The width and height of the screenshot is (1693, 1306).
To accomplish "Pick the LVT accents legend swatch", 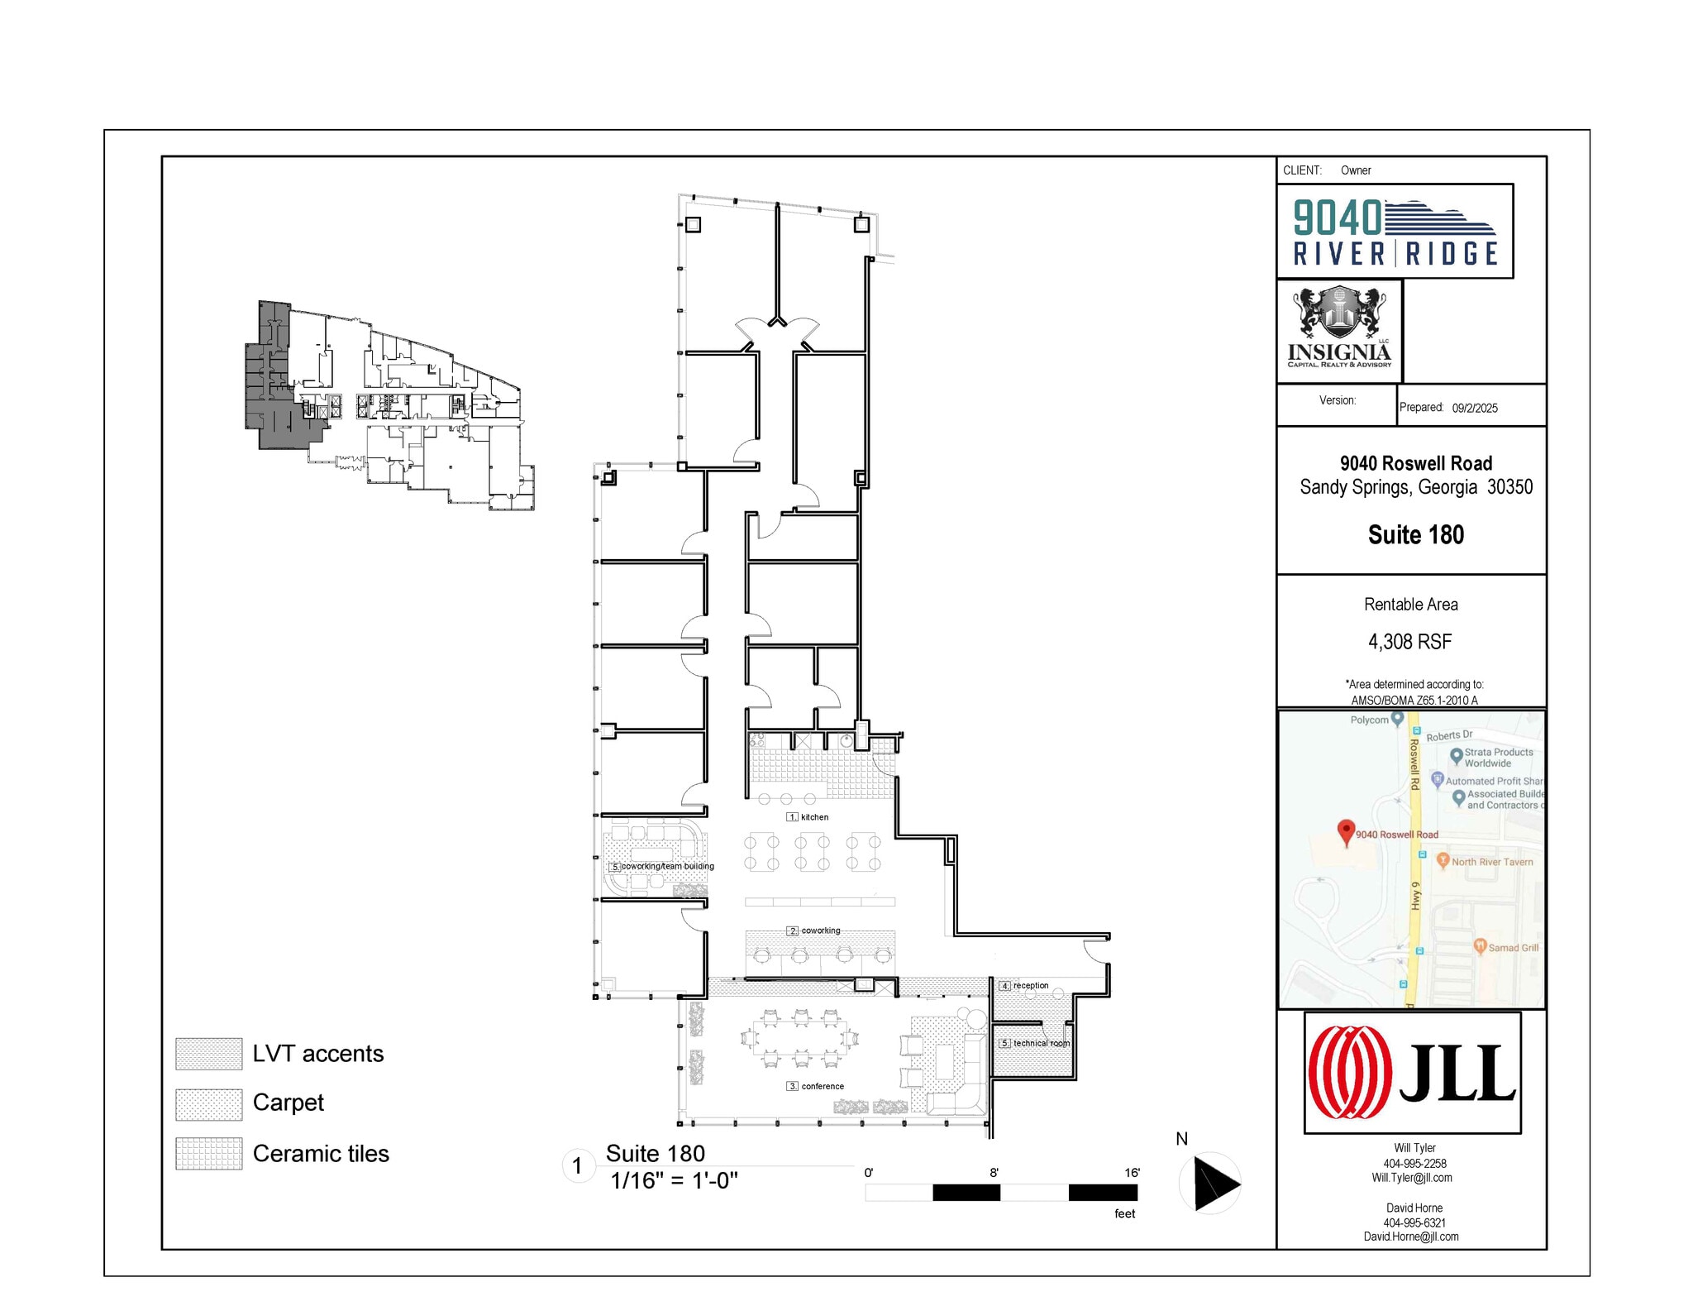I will click(208, 1054).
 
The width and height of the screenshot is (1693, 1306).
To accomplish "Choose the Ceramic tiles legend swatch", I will click(208, 1154).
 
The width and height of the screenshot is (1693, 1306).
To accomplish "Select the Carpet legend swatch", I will click(208, 1104).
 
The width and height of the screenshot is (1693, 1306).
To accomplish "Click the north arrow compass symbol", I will click(1210, 1183).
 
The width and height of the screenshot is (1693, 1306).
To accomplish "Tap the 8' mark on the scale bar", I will click(994, 1173).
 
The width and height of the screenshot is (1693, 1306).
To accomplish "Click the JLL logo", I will click(1412, 1073).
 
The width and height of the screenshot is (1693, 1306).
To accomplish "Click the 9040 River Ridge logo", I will click(1395, 231).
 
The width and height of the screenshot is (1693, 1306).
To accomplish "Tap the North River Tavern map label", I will click(1491, 862).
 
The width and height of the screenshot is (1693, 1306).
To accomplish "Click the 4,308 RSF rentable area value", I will click(1409, 642).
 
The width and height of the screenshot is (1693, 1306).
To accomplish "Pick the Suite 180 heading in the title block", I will click(1415, 535).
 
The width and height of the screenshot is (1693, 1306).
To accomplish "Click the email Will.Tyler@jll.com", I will click(1411, 1178).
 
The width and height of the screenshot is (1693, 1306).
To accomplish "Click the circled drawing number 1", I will click(577, 1166).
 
